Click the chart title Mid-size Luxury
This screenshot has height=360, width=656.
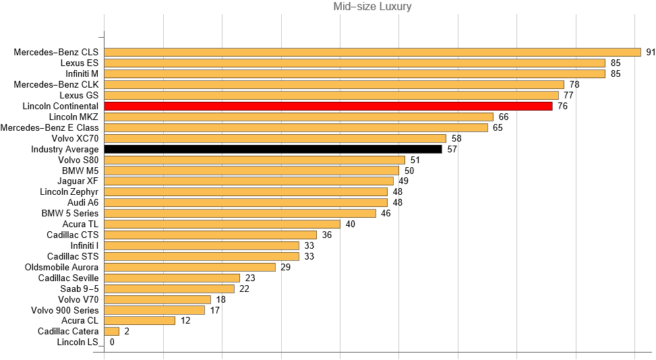(x=372, y=7)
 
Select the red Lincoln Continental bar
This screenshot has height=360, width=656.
(x=328, y=106)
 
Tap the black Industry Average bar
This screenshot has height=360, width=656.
(x=273, y=149)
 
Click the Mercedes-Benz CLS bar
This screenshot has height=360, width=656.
(x=372, y=52)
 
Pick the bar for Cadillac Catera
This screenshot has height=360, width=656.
(x=112, y=332)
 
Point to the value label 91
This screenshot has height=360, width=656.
(x=651, y=52)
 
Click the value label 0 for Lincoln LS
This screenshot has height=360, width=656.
(x=112, y=342)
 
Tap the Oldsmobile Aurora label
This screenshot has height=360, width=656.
(x=61, y=267)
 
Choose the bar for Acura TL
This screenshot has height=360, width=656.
(x=222, y=224)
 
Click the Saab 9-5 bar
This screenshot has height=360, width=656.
(x=169, y=289)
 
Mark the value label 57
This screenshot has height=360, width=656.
(x=452, y=149)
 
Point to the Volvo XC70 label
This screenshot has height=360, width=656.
(x=75, y=138)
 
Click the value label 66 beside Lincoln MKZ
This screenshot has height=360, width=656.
(x=504, y=117)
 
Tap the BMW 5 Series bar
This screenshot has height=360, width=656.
(x=240, y=213)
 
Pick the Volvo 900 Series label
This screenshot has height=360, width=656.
(x=65, y=310)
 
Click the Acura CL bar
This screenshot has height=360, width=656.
(x=140, y=321)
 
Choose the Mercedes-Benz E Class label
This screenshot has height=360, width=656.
(x=49, y=127)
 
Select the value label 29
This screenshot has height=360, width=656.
(x=286, y=267)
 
